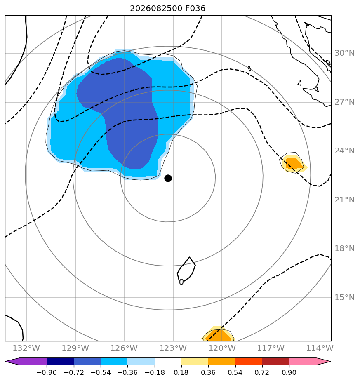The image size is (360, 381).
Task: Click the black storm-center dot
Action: tap(168, 179)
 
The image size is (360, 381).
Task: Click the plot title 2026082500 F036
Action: tap(168, 9)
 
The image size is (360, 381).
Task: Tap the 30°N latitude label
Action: tap(344, 53)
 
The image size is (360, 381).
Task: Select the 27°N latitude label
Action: tap(344, 102)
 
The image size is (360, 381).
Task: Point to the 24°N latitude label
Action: tap(344, 151)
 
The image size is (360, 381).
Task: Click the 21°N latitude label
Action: tap(344, 200)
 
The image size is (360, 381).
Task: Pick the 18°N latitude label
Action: tap(344, 249)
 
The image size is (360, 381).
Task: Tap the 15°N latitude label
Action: tap(344, 297)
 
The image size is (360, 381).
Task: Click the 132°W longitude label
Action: tap(26, 348)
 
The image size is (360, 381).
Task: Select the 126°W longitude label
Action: tap(124, 348)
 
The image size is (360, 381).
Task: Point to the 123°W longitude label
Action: tap(173, 348)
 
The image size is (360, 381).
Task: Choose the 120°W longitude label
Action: tap(222, 348)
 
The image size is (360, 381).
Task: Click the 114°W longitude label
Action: tap(320, 348)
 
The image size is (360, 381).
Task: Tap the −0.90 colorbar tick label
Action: tap(47, 372)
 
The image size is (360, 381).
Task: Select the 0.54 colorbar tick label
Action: tap(235, 372)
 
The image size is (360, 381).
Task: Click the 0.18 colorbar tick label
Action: tap(181, 372)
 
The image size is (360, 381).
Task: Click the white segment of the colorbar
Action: tap(168, 361)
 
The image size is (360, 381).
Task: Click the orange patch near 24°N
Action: tap(294, 163)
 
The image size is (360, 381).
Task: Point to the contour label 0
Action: tap(181, 282)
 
